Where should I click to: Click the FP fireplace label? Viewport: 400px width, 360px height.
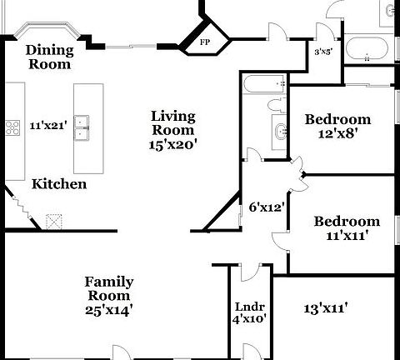(x=205, y=42)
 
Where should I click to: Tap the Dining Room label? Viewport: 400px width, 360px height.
(x=50, y=57)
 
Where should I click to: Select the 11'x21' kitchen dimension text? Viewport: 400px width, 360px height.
(x=48, y=126)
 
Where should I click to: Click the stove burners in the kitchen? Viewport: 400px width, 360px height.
(x=12, y=127)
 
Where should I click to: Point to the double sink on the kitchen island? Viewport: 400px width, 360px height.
(x=81, y=128)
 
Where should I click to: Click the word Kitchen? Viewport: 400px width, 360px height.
(x=59, y=184)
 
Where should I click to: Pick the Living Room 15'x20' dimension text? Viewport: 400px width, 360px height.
(x=173, y=145)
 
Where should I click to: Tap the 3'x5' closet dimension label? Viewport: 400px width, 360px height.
(x=323, y=52)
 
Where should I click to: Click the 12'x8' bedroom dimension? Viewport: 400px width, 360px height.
(x=337, y=134)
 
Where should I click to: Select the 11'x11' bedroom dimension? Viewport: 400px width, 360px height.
(x=347, y=236)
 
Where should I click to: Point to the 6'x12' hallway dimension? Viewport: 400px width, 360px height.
(x=267, y=207)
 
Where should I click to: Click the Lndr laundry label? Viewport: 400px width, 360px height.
(x=250, y=307)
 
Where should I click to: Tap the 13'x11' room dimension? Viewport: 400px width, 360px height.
(x=326, y=308)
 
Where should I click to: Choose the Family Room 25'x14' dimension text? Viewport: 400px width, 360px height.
(x=108, y=311)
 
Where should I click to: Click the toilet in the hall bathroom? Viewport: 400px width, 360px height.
(x=277, y=106)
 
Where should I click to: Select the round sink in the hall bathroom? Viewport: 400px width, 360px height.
(x=280, y=132)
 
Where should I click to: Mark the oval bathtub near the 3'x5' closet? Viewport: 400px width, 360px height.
(x=367, y=48)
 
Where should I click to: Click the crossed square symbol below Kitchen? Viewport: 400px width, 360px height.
(x=54, y=222)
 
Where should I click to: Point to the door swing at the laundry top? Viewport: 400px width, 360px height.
(x=251, y=272)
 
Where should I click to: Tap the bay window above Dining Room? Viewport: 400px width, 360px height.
(x=47, y=29)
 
